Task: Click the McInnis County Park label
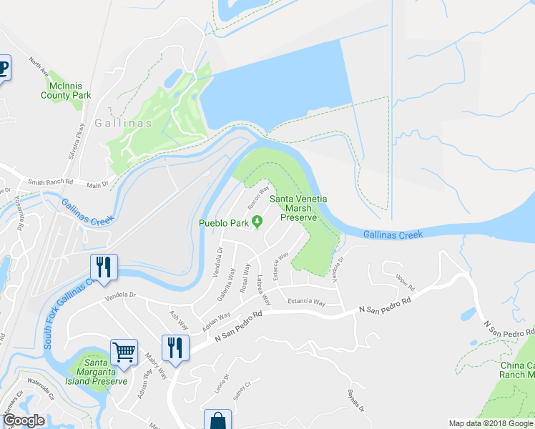click(66, 90)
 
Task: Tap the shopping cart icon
click(124, 352)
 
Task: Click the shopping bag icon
click(217, 420)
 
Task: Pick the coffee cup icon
click(4, 69)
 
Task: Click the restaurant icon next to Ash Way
click(175, 347)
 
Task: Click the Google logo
click(24, 420)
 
